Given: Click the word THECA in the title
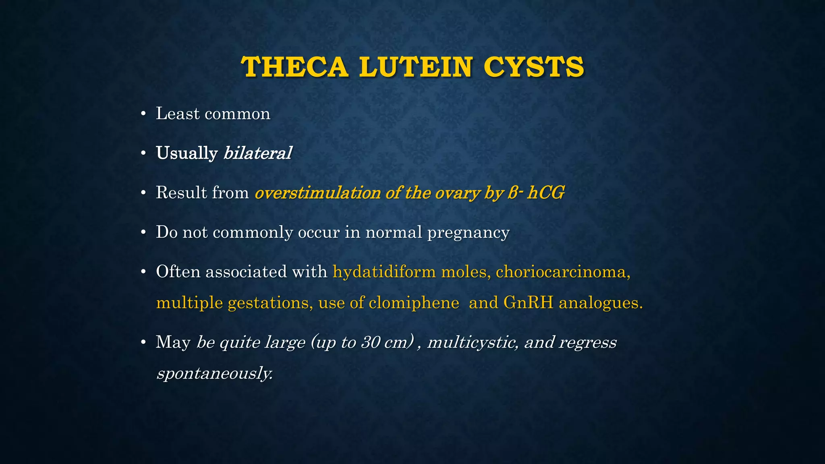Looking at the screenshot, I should click(294, 67).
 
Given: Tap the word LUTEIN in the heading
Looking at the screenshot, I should click(415, 67).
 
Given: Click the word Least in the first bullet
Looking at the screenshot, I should click(178, 114).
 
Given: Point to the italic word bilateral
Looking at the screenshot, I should click(257, 153).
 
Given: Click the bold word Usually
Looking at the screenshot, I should click(187, 153).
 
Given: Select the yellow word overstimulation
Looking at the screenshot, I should click(317, 193).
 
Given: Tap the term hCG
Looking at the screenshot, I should click(546, 193).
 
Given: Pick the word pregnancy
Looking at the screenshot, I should click(468, 233).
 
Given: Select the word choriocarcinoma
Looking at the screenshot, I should click(563, 272).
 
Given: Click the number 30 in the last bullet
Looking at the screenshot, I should click(371, 342).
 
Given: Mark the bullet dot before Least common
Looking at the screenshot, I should click(143, 114).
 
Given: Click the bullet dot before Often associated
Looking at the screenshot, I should click(143, 272).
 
